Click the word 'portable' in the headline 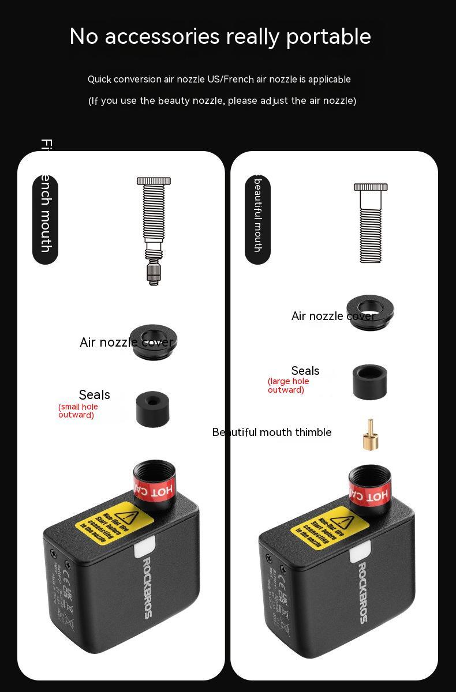click(x=328, y=37)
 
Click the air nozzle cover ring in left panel click(x=153, y=341)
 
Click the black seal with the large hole click(x=369, y=381)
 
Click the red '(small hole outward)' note click(x=78, y=411)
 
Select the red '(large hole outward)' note click(x=288, y=385)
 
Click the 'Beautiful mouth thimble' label click(x=272, y=432)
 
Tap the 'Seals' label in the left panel click(x=94, y=395)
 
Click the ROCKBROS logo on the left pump click(x=147, y=587)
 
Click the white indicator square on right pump click(x=360, y=554)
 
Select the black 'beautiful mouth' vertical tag click(x=257, y=219)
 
